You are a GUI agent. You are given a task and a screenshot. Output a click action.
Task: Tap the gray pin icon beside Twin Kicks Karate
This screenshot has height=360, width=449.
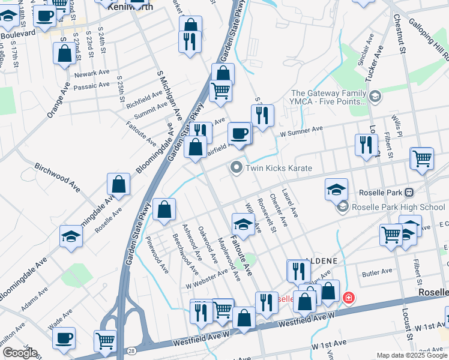[237, 168]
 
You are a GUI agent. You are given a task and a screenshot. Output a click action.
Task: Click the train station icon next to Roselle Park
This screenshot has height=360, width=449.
[409, 193]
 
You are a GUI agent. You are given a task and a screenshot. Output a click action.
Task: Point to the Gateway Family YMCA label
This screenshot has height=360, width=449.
[328, 97]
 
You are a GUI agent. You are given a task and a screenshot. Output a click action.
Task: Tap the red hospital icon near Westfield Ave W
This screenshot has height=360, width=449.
[348, 298]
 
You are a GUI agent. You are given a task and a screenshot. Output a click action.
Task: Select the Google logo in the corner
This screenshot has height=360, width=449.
[20, 353]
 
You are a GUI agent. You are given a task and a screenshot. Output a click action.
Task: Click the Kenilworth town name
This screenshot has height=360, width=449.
[129, 6]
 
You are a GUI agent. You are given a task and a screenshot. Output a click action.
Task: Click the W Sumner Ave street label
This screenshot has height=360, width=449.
[301, 130]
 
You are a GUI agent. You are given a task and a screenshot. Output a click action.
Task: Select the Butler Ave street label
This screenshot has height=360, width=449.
[377, 273]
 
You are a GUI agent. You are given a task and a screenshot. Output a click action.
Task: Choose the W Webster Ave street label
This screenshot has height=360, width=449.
[206, 277]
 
